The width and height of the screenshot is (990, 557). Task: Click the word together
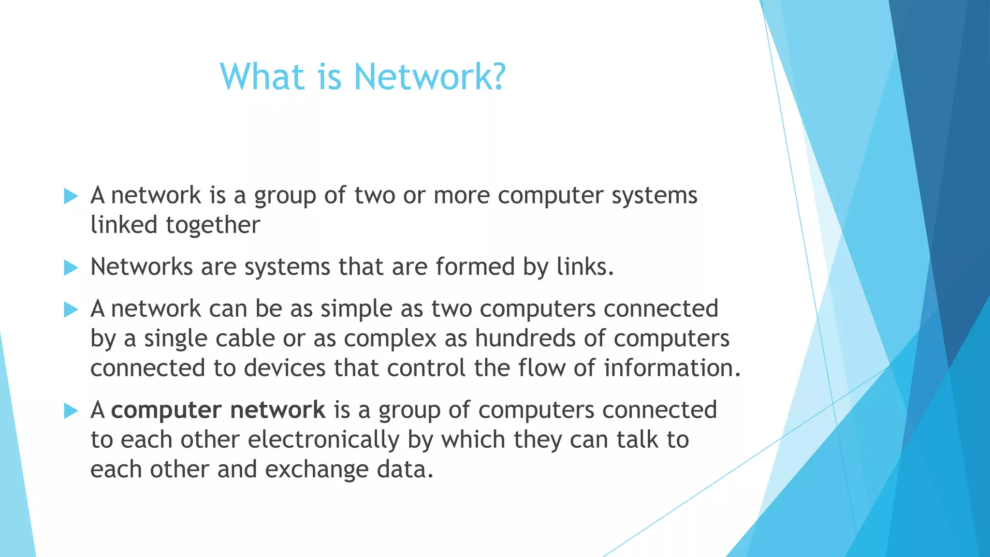213,225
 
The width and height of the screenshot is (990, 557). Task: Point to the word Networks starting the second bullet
142,266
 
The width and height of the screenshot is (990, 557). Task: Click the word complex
390,338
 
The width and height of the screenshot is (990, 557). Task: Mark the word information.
672,368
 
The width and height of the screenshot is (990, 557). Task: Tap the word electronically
323,440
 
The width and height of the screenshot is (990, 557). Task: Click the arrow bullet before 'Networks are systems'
71,267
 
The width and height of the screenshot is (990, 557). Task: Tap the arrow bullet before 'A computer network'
71,411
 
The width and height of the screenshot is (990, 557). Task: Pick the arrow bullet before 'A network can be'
71,309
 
